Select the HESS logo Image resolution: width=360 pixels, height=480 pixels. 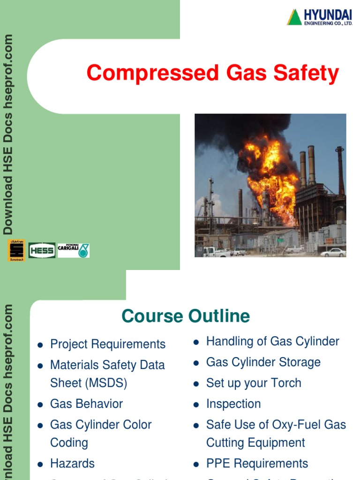tap(42, 250)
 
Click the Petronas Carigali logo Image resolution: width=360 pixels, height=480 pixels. tap(73, 250)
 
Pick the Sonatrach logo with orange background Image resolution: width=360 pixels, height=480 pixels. tap(16, 250)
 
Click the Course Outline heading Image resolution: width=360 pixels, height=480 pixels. tap(186, 316)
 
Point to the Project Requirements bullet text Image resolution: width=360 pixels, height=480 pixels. tap(108, 344)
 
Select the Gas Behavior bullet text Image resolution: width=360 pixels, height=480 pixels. tap(86, 404)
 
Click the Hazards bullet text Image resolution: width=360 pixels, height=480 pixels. tap(72, 463)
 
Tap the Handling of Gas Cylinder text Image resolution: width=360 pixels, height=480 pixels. tap(272, 341)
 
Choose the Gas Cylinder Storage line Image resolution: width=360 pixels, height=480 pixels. tap(263, 362)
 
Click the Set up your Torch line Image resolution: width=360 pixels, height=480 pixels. tap(254, 382)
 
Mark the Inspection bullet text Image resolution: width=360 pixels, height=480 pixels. tap(233, 404)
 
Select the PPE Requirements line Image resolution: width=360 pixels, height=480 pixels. tap(257, 463)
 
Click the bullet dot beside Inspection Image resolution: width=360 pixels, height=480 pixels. tap(196, 405)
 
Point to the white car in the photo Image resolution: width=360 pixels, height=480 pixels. tap(333, 252)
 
